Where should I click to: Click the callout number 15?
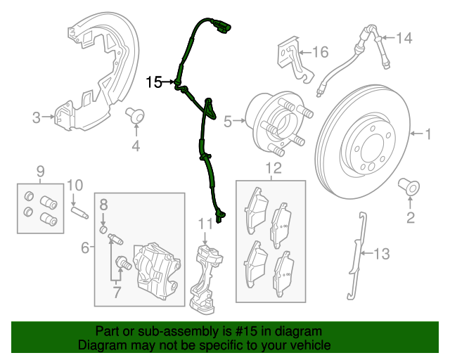[x=154, y=83]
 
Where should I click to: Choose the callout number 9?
[x=40, y=171]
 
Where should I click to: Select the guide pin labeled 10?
[x=78, y=209]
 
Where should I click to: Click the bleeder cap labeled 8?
[x=103, y=231]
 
